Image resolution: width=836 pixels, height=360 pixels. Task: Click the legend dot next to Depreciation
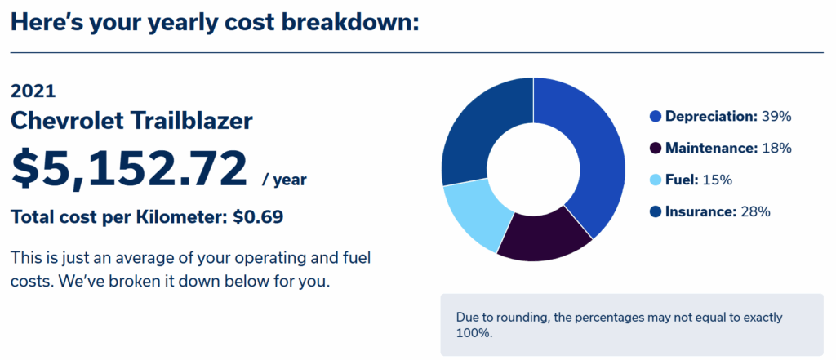(656, 117)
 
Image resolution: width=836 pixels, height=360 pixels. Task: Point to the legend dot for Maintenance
(656, 149)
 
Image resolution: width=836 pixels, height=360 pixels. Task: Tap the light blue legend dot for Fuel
(656, 180)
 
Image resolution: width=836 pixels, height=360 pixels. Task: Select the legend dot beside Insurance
(656, 211)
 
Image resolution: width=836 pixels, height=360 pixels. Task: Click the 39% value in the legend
(776, 117)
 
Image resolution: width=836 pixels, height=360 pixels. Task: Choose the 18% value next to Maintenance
(777, 149)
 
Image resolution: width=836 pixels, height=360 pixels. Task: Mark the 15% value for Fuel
(718, 180)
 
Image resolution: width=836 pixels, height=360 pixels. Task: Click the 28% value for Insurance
(755, 211)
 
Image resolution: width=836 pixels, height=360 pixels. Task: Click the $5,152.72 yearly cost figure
(129, 170)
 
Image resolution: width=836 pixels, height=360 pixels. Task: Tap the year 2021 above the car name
(33, 91)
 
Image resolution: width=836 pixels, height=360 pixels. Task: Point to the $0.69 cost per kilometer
(258, 217)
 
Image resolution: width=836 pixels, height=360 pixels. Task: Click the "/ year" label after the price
(284, 180)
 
